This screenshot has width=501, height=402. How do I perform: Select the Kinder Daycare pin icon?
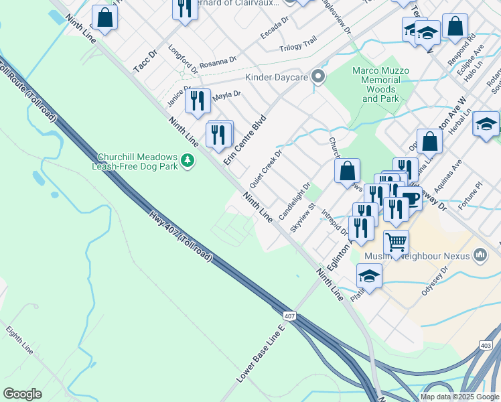(x=318, y=77)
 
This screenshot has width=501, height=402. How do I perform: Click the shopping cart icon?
(x=396, y=242)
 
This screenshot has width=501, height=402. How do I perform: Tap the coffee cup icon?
(x=410, y=198)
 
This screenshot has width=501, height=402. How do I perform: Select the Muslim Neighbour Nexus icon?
(x=480, y=255)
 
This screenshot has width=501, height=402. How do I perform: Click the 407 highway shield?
(x=289, y=315)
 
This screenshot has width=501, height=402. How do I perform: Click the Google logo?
(x=22, y=394)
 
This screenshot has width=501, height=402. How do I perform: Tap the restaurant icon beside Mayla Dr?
(x=197, y=100)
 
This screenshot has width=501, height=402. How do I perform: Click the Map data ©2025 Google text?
(x=459, y=397)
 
